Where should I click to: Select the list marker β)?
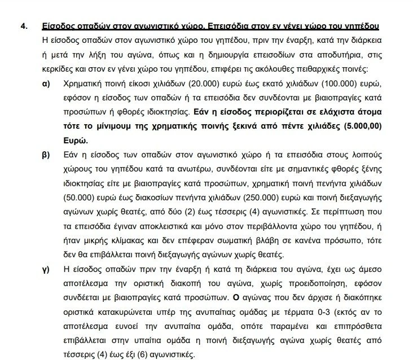pos(45,154)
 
